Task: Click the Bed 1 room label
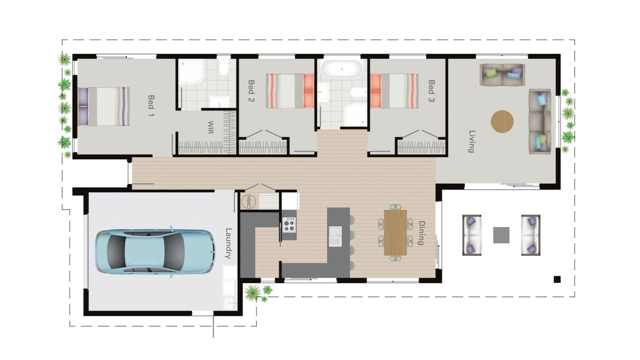pyautogui.click(x=151, y=106)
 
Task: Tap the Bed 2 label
pyautogui.click(x=251, y=91)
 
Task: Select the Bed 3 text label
pyautogui.click(x=431, y=91)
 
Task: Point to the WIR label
pyautogui.click(x=210, y=127)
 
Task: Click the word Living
pyautogui.click(x=472, y=141)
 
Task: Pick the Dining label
pyautogui.click(x=421, y=233)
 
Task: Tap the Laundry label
pyautogui.click(x=228, y=243)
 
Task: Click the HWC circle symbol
pyautogui.click(x=248, y=202)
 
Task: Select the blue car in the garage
pyautogui.click(x=155, y=252)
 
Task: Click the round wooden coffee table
pyautogui.click(x=502, y=121)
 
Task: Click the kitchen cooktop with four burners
pyautogui.click(x=289, y=225)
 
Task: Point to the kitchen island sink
pyautogui.click(x=335, y=236)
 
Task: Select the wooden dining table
pyautogui.click(x=395, y=232)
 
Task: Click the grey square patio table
pyautogui.click(x=501, y=235)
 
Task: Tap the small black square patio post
pyautogui.click(x=557, y=279)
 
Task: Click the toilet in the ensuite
pyautogui.click(x=223, y=67)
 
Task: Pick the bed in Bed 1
pyautogui.click(x=103, y=106)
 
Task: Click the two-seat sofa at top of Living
pyautogui.click(x=502, y=75)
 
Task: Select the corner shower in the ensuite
pyautogui.click(x=191, y=71)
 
